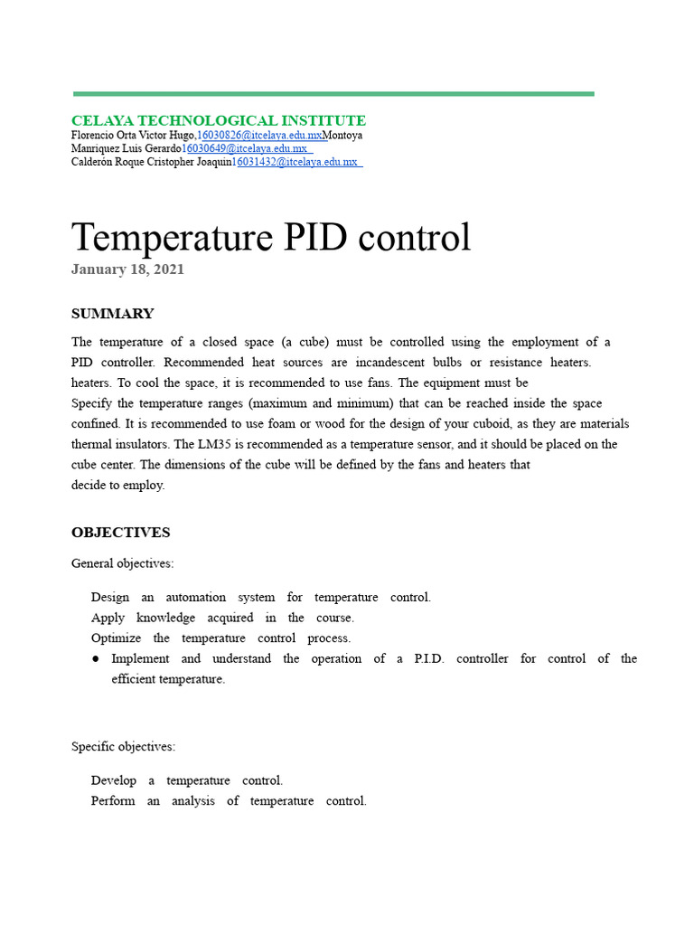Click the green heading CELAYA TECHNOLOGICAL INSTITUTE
[x=219, y=120]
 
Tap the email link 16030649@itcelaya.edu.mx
[x=244, y=148]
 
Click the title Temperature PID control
[x=271, y=237]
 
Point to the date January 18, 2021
[x=127, y=269]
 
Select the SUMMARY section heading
[x=112, y=314]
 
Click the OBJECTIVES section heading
[x=120, y=533]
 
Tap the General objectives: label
[x=123, y=563]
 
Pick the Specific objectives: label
[x=124, y=747]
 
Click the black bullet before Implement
[x=96, y=659]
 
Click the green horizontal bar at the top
[x=333, y=93]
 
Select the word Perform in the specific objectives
[x=113, y=800]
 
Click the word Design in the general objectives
[x=110, y=597]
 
